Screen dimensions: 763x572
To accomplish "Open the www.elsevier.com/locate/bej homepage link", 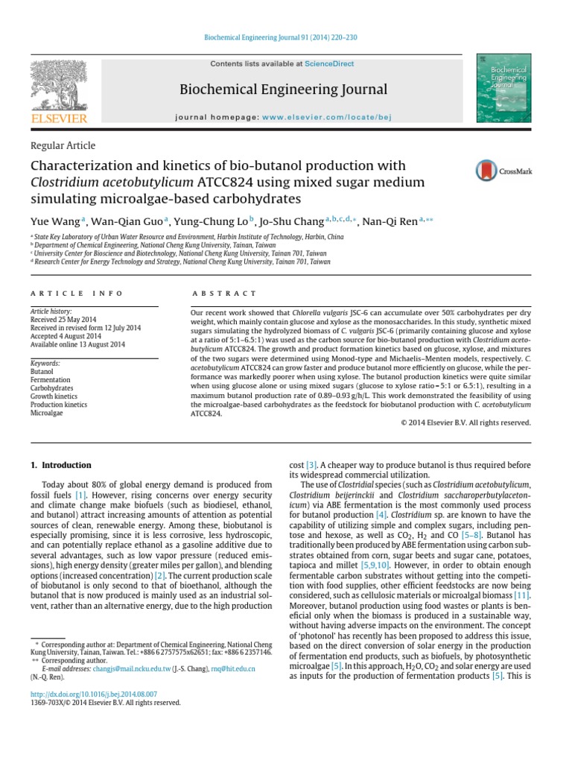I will [x=326, y=117].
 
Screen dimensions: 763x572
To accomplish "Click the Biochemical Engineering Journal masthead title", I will [x=284, y=90].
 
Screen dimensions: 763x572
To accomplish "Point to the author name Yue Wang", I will [x=55, y=221].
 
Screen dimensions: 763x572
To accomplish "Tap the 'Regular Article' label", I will [x=63, y=146].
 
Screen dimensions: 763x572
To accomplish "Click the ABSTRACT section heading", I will [x=224, y=294].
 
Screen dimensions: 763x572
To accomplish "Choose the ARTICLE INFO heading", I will [x=68, y=294].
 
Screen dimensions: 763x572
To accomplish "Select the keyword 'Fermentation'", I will [x=50, y=380].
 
